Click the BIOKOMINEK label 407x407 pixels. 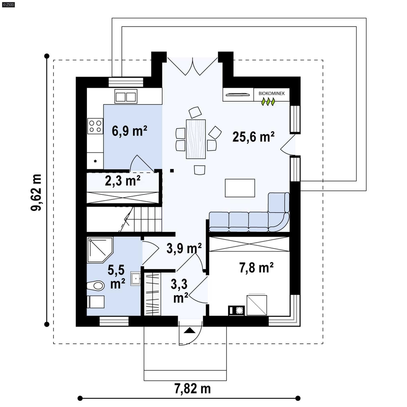tap(271, 93)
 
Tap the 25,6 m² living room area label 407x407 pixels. tap(253, 137)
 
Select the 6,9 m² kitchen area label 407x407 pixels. tap(129, 131)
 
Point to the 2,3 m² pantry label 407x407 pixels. tap(123, 181)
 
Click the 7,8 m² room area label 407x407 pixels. tap(256, 268)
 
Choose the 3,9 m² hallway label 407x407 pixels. tap(184, 248)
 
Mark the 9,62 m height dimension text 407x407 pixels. tap(36, 193)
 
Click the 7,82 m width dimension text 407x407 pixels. tap(193, 389)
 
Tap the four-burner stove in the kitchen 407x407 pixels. tap(95, 126)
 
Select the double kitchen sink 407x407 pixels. tap(126, 96)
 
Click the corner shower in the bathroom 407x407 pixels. tap(99, 249)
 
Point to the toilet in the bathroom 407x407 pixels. tap(96, 286)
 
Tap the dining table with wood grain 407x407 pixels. tap(196, 139)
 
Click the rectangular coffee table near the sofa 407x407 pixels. tap(240, 188)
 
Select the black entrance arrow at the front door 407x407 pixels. tap(190, 331)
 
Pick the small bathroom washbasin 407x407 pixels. tap(136, 278)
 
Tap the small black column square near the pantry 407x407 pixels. tap(172, 171)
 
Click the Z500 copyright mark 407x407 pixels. tap(8, 4)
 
